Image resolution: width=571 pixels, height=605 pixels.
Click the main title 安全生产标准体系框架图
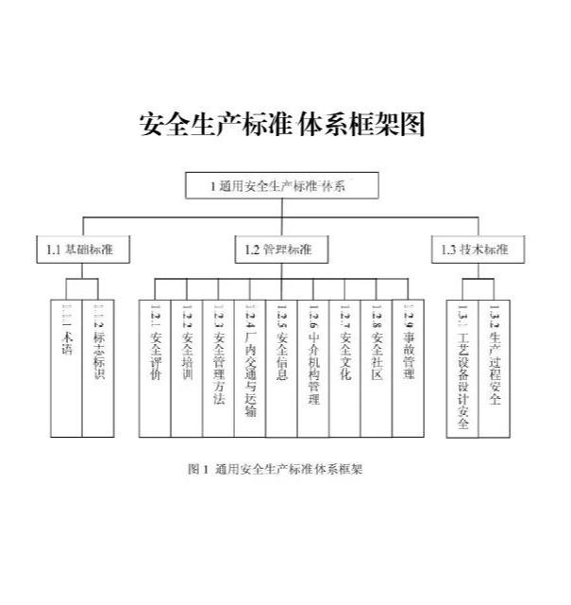point(283,124)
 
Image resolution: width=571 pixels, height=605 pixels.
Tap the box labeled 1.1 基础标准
point(82,250)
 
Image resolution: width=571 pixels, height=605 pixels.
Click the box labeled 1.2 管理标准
point(280,250)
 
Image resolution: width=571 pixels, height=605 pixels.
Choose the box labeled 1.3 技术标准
point(475,250)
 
